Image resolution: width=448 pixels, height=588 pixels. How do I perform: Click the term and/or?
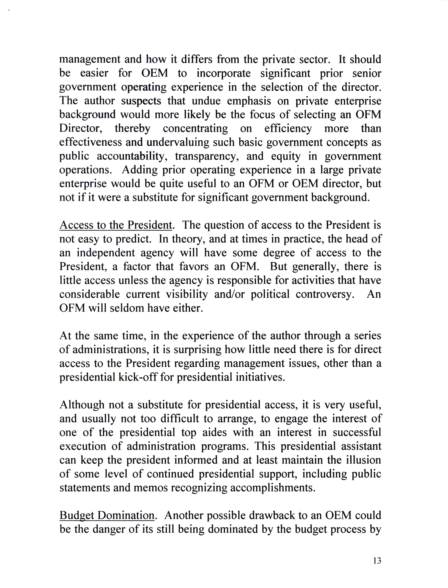point(229,294)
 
